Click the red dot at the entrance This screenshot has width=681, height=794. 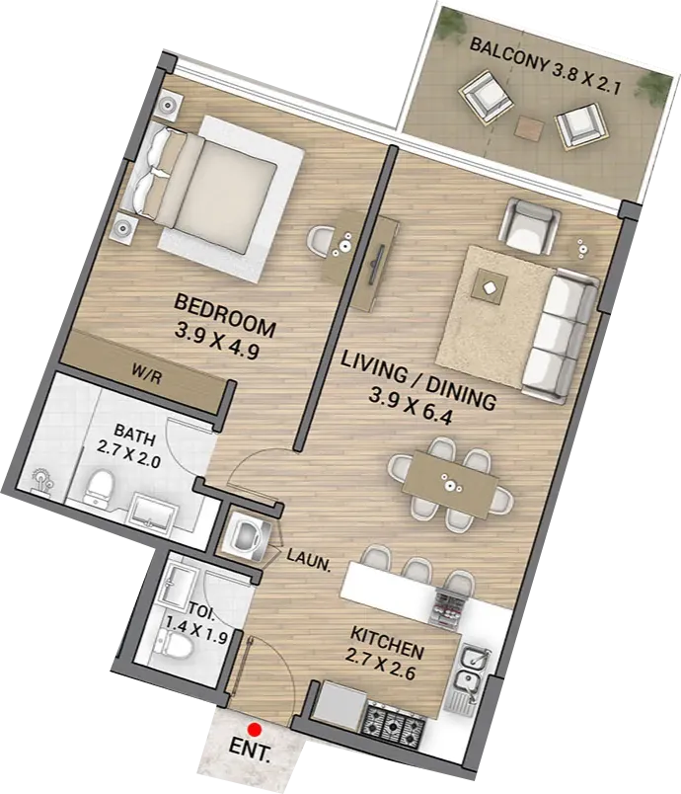[x=255, y=729]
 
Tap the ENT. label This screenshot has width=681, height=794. [x=250, y=750]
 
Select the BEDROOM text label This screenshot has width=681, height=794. [x=225, y=315]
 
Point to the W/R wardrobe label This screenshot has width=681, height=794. [x=146, y=374]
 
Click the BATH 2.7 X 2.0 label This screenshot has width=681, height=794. [x=131, y=446]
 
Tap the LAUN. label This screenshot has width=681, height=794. [x=309, y=561]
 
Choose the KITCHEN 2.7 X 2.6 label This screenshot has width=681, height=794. [x=384, y=653]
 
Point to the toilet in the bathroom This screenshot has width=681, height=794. [x=98, y=488]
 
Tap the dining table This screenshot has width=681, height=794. [x=450, y=484]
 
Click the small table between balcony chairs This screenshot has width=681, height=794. [x=527, y=127]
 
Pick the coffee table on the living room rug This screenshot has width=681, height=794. [x=490, y=287]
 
